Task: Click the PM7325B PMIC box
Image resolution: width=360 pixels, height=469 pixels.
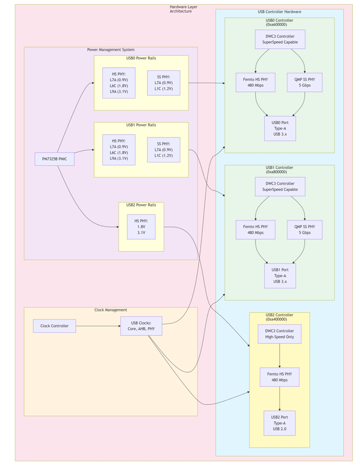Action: coord(54,159)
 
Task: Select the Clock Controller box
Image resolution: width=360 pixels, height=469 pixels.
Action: coord(54,326)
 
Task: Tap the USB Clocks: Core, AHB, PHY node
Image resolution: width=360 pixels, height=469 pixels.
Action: coord(141,326)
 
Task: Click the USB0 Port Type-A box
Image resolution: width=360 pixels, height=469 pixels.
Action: coord(280,129)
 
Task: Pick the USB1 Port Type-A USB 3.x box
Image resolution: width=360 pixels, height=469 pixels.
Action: coord(280,276)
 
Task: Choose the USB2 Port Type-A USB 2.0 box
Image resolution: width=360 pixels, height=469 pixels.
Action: coord(280,423)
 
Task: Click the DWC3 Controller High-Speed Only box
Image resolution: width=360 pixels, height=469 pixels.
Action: coord(280,334)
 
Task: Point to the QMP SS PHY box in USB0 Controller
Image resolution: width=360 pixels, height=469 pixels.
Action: coord(305,82)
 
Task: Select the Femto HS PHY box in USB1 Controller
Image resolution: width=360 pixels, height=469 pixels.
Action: coord(256,230)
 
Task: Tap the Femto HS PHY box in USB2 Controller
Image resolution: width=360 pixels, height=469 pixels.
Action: coord(280,377)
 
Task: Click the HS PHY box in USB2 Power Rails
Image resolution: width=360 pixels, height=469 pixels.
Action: coord(141,227)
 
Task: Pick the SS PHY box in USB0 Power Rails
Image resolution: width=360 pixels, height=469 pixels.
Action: coord(164,83)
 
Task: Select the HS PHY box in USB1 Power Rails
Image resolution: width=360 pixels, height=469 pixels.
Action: coord(119,149)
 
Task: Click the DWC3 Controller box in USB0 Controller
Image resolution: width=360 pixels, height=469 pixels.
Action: coord(280,39)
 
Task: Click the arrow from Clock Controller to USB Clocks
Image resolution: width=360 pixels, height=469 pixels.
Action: coord(98,326)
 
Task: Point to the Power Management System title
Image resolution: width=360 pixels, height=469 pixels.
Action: coord(111,50)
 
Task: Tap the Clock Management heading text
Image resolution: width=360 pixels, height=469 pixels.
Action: coord(111,310)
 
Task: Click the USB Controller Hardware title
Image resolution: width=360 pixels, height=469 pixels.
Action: coord(280,11)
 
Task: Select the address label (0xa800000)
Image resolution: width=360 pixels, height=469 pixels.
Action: coord(276,172)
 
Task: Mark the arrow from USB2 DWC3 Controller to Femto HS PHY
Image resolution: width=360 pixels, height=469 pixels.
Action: coord(280,356)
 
